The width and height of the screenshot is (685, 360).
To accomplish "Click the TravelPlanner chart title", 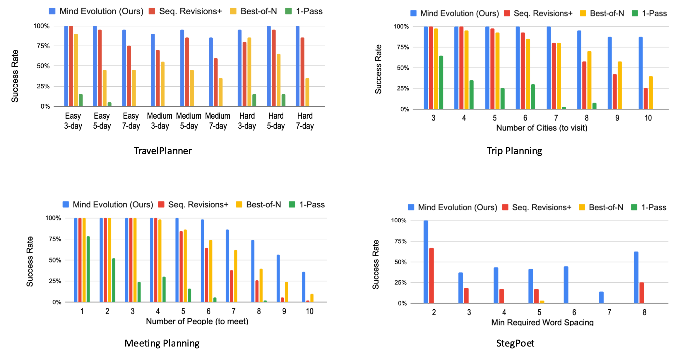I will [x=162, y=151].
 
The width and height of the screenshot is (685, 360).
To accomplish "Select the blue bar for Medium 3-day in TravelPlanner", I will [x=153, y=70].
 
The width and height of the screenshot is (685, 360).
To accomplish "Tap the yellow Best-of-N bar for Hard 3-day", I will [x=249, y=72].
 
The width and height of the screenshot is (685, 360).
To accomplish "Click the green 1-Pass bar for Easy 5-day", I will [x=109, y=104].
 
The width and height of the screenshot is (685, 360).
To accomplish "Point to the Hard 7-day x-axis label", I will [x=305, y=121].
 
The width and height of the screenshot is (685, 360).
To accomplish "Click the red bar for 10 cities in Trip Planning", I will [x=646, y=99].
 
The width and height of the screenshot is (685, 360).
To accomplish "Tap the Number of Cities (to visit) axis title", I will [x=542, y=128].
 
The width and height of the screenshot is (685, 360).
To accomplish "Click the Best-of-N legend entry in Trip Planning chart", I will [x=602, y=13].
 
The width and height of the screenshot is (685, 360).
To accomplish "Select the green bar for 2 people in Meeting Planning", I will [x=114, y=280].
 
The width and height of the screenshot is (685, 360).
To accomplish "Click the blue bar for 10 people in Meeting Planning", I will [x=304, y=287].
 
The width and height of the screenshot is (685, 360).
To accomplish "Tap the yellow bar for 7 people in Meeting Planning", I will [x=236, y=276].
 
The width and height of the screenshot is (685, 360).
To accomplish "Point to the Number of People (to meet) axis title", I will [x=197, y=321].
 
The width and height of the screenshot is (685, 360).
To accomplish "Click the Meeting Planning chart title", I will [x=162, y=343].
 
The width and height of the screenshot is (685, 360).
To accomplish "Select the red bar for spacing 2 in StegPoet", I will [x=431, y=276].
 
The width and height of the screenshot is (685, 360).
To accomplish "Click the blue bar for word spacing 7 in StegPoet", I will [x=601, y=298].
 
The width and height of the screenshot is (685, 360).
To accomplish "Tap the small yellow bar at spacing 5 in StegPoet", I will [x=542, y=302].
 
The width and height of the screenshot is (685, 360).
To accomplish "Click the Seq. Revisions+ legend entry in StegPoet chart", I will [x=537, y=207].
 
